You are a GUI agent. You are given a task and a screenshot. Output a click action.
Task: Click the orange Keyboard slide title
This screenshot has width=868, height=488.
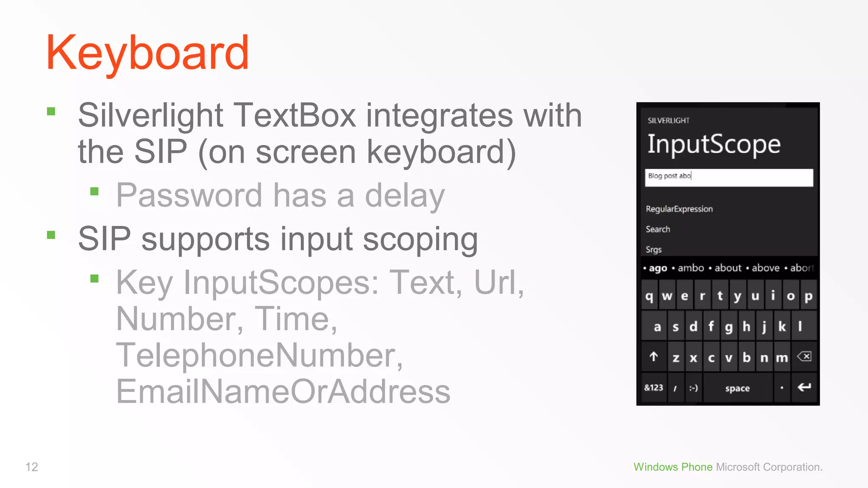pos(147,53)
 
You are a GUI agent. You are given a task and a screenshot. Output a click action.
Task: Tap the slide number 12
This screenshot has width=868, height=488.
pos(32,467)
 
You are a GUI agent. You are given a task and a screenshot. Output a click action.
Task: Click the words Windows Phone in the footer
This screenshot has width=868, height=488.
pos(673,467)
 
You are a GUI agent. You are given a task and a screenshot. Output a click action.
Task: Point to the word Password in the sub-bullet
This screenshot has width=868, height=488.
pos(189,195)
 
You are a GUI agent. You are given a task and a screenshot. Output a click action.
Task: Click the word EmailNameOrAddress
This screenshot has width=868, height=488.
pos(283,391)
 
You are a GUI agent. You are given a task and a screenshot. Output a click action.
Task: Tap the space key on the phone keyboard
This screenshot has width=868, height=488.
pos(737,388)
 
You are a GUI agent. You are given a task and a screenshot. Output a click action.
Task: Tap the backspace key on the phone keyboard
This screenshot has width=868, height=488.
pos(804,357)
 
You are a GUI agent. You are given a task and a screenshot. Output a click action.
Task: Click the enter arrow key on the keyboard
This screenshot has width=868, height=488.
pos(804,387)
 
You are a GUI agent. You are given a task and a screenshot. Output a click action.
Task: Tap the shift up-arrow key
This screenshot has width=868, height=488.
pos(654,357)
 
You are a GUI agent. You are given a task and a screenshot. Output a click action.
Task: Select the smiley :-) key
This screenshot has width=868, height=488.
pos(693,388)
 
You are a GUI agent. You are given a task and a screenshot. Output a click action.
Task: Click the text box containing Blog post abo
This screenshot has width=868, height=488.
pos(729,177)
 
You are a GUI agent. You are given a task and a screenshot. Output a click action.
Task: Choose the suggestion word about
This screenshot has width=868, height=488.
pos(728,268)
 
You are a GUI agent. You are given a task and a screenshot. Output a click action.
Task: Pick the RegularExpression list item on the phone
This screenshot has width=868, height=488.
pos(679,209)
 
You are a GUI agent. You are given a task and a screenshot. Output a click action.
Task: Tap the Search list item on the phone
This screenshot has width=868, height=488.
pos(658,229)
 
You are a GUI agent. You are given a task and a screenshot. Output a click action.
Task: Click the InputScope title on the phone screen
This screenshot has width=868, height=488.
pos(714,144)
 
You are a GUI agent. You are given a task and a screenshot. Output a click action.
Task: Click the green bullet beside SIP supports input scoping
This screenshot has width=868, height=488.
pos(51,235)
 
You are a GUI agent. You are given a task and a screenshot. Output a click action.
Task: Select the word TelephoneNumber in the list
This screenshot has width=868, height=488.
pos(259,355)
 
